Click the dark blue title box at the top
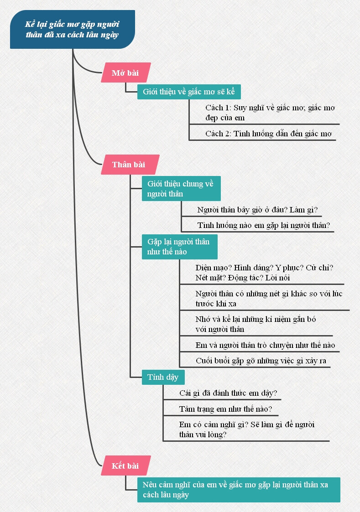(x=72, y=29)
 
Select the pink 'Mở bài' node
(x=125, y=72)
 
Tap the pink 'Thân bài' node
(x=129, y=165)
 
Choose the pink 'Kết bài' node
(x=125, y=465)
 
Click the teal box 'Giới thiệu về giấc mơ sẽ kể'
(x=189, y=92)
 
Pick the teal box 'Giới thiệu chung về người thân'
(x=181, y=189)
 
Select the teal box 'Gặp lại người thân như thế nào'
(x=179, y=247)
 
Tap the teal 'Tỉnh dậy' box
(x=163, y=377)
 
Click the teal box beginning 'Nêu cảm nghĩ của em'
(x=238, y=490)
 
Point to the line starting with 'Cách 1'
(x=270, y=113)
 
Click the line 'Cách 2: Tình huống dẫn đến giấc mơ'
(x=268, y=134)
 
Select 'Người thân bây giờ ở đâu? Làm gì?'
(x=257, y=210)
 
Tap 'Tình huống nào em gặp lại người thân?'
(x=263, y=225)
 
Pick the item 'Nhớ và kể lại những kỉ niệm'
(x=256, y=324)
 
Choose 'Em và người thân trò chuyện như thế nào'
(x=265, y=345)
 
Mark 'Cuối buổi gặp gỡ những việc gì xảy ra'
(x=261, y=361)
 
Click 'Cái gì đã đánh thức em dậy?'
(x=229, y=393)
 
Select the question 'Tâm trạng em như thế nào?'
(x=226, y=409)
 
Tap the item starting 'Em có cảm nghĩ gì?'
(x=247, y=429)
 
